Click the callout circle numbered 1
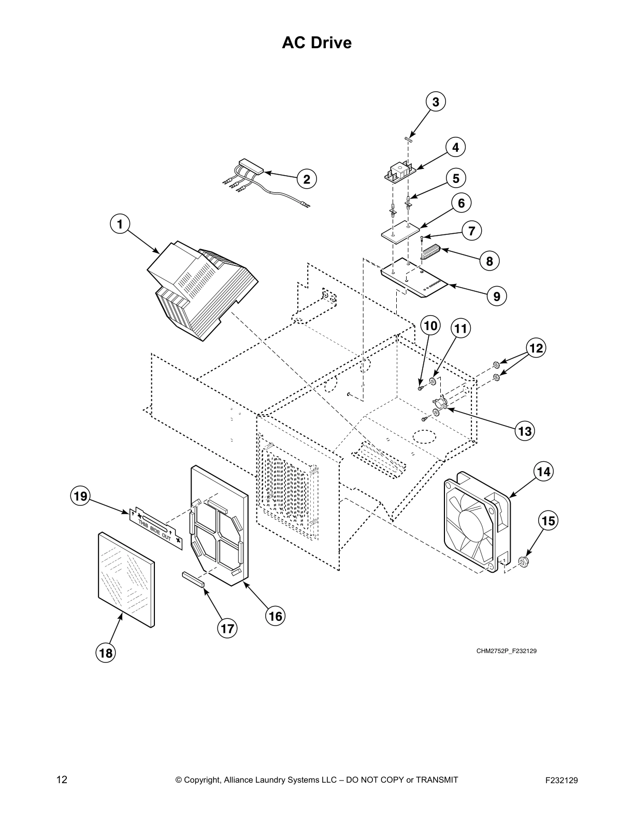[x=120, y=224]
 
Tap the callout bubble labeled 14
[x=543, y=472]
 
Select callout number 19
[x=80, y=496]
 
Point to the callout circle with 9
[x=496, y=296]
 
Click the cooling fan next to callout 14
[x=477, y=521]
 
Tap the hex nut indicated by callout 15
[x=523, y=561]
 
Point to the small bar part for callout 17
[x=193, y=578]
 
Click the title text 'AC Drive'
[x=316, y=43]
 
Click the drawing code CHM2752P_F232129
[x=506, y=651]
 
